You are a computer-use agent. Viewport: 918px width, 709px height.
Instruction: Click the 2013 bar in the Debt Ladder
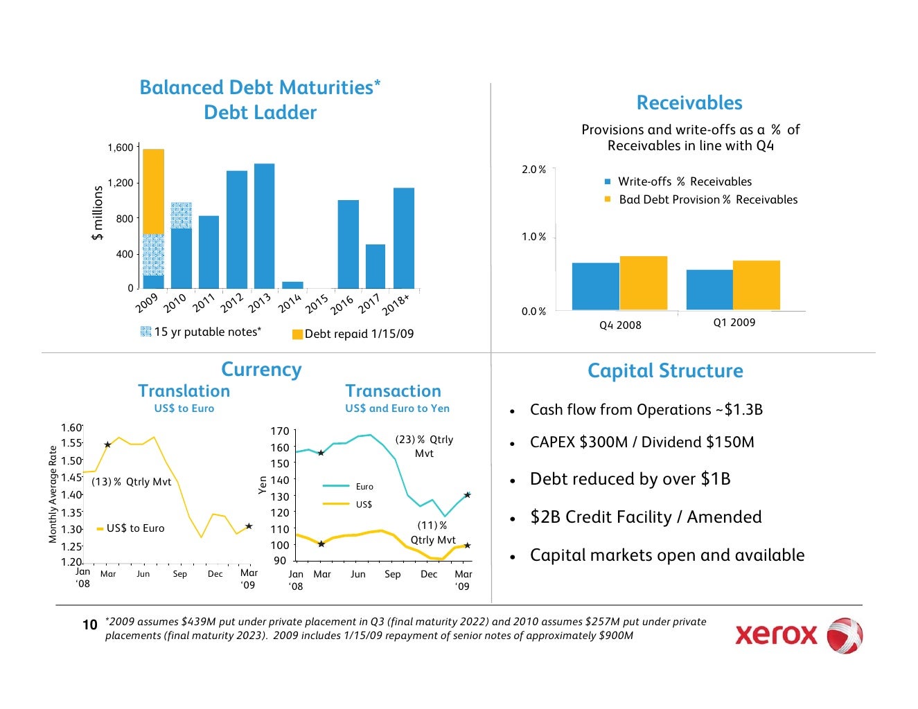[x=264, y=226]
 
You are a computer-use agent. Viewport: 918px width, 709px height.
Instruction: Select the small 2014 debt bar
[x=292, y=285]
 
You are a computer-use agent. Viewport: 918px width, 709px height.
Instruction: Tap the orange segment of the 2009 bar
[x=153, y=191]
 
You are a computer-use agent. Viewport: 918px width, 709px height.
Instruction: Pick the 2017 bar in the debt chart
[x=376, y=266]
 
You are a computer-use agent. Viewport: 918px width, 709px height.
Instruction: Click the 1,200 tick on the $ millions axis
[x=120, y=183]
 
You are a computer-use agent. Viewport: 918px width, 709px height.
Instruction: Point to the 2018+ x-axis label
[x=396, y=305]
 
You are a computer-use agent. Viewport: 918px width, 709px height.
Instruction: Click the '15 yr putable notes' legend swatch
[x=145, y=332]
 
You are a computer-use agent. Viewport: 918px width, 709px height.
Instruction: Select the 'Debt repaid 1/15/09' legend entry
[x=353, y=334]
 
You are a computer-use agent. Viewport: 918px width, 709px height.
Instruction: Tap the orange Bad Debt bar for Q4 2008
[x=643, y=283]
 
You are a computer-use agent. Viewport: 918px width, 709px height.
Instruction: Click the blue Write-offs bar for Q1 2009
[x=709, y=289]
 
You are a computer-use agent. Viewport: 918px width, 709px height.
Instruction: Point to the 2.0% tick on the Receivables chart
[x=533, y=170]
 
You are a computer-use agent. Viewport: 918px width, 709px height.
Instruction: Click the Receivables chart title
[x=689, y=103]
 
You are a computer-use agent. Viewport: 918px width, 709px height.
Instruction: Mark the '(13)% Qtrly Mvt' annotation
[x=131, y=482]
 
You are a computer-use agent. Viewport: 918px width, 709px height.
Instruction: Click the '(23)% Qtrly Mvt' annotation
[x=424, y=446]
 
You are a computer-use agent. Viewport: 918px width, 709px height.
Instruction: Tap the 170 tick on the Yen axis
[x=279, y=432]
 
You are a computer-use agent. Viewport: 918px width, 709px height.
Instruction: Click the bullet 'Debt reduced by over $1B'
[x=630, y=479]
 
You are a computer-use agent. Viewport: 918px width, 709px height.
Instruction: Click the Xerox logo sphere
[x=845, y=635]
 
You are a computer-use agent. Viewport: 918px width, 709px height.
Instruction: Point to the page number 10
[x=90, y=625]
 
